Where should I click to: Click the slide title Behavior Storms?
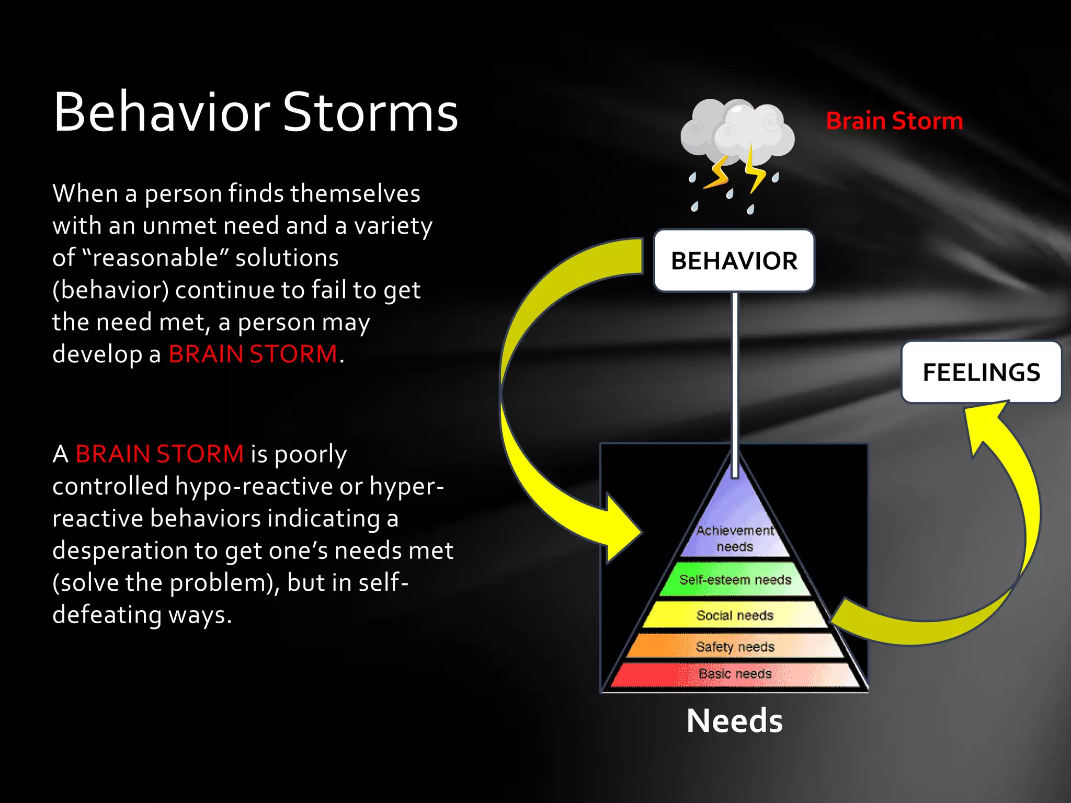point(255,112)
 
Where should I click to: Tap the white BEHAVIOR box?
point(734,260)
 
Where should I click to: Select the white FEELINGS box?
point(981,372)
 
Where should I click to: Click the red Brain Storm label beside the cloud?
point(894,121)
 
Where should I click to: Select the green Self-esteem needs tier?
point(735,579)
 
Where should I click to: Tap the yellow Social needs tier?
point(735,615)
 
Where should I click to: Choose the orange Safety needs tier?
point(735,646)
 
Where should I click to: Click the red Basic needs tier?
point(735,674)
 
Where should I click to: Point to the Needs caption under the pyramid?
point(734,721)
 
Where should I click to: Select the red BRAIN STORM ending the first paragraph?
point(253,354)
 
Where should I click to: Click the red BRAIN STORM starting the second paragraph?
point(159,454)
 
